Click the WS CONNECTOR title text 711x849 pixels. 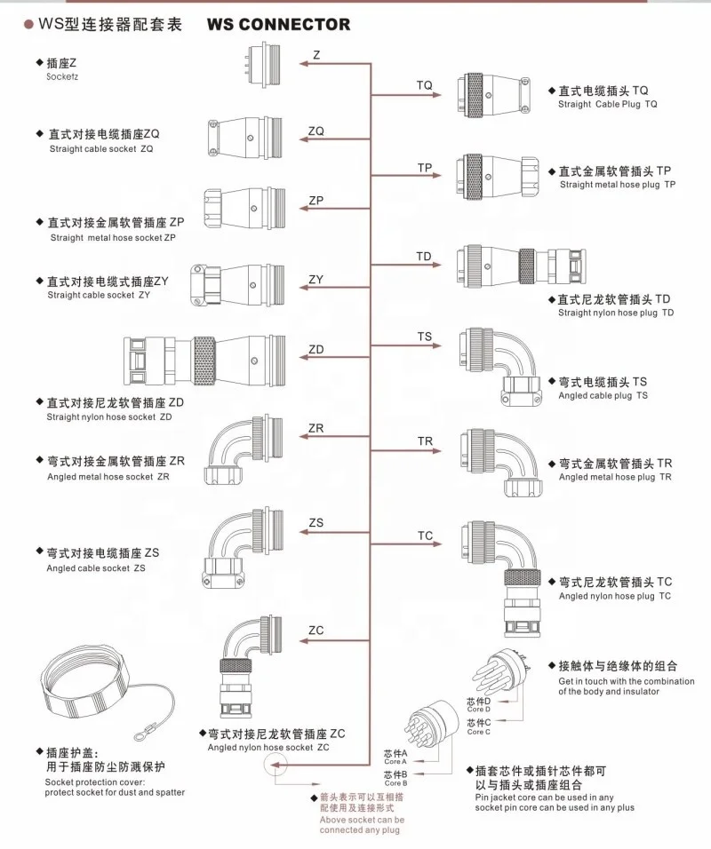278,25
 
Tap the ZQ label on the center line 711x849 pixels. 316,131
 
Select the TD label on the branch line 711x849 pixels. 424,257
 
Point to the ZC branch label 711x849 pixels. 316,631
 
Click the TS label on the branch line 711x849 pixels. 424,337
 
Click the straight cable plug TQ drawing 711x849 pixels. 494,92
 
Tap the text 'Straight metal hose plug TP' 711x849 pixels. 618,185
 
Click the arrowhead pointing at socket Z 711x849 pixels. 303,63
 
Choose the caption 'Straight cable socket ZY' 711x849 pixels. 99,294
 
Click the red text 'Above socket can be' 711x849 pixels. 362,821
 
